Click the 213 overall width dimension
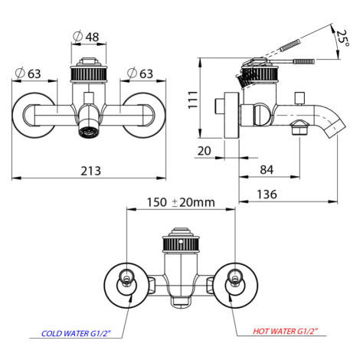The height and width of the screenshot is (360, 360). click(x=90, y=171)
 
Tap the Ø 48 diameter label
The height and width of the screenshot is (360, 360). click(x=86, y=37)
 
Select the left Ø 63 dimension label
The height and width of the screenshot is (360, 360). click(x=28, y=74)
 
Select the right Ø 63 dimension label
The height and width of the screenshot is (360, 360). click(x=140, y=74)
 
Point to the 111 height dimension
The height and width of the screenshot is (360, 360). click(x=193, y=100)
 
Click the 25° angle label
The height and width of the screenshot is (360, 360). click(x=342, y=38)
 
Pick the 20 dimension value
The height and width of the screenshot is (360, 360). click(x=205, y=151)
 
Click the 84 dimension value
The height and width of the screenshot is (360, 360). click(x=267, y=170)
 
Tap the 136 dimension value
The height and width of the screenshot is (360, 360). click(x=267, y=195)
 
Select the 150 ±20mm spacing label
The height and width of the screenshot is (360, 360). click(x=181, y=202)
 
